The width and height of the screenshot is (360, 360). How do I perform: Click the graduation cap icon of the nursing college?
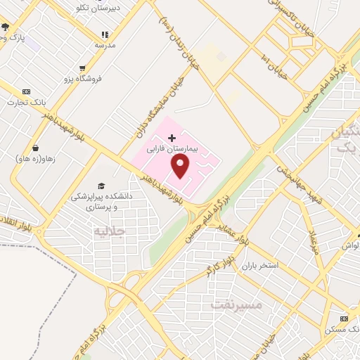coord(103,186)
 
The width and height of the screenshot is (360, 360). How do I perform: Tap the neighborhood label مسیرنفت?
coord(236,304)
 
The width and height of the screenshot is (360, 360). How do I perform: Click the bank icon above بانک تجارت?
coord(27,92)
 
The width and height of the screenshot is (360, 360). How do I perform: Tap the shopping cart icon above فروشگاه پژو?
coord(83,68)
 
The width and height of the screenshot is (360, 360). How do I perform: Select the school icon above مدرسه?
coord(105,34)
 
